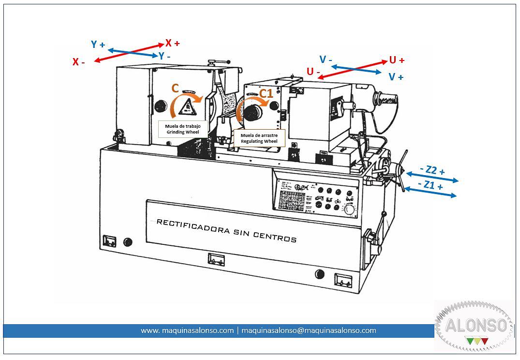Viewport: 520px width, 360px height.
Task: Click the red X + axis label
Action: pos(172,43)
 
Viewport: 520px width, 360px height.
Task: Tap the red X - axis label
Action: pos(79,62)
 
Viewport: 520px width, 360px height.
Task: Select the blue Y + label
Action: pos(98,45)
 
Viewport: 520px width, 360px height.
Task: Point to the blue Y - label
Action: pos(164,56)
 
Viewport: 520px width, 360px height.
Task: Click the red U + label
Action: pos(397,60)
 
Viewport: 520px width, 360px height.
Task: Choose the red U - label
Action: pos(313,72)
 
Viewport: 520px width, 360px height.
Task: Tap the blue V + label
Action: pos(396,77)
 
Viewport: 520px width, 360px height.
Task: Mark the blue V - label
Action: pos(326,60)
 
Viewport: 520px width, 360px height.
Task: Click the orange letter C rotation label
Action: pos(175,88)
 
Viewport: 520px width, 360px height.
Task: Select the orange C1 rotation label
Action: pos(266,93)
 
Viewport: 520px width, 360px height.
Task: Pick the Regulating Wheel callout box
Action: pos(259,138)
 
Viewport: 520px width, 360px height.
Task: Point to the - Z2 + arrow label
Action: pos(432,170)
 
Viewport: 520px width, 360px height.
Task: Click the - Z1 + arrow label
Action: pos(430,185)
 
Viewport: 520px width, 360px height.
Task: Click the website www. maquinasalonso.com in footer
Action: pos(187,330)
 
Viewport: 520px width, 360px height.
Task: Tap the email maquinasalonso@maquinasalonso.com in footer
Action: pos(309,330)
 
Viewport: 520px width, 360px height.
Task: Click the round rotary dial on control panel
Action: pos(348,210)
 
